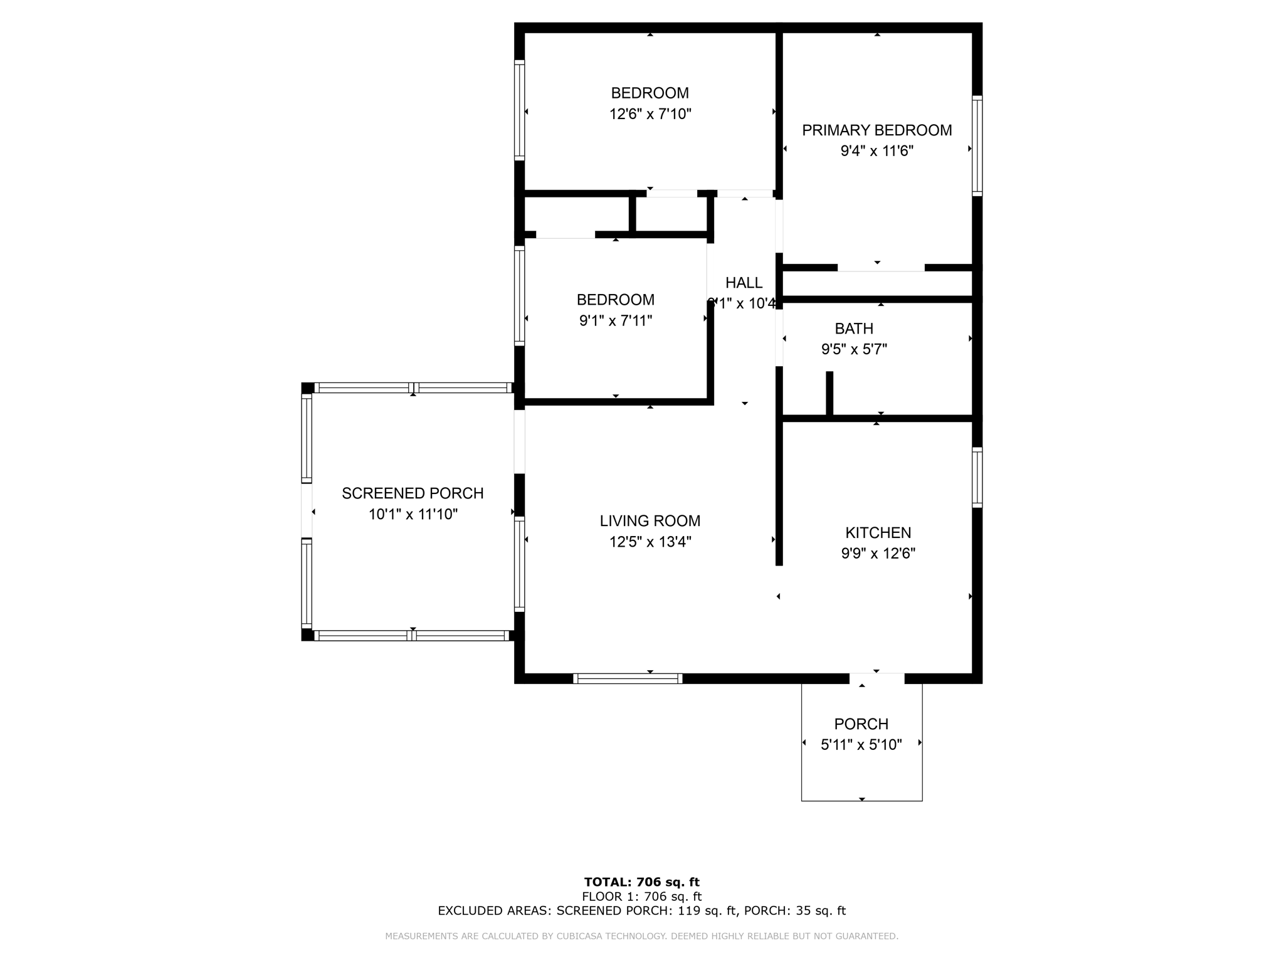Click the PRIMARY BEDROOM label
(876, 130)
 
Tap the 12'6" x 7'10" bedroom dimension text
(650, 114)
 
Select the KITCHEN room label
(878, 533)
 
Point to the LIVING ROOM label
(650, 521)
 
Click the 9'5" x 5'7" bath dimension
(854, 349)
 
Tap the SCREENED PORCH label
(413, 493)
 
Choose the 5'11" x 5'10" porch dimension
(861, 745)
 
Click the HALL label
(744, 283)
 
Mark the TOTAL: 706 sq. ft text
(641, 882)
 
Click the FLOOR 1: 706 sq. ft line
(641, 897)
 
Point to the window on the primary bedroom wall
(977, 146)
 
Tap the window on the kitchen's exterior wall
(977, 477)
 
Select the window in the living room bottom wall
(628, 678)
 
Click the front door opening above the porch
(876, 678)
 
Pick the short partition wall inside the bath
(829, 394)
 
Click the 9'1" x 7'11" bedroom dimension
(616, 321)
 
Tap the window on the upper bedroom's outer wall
(519, 110)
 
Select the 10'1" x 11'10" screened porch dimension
(413, 515)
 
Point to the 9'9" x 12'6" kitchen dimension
(878, 554)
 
